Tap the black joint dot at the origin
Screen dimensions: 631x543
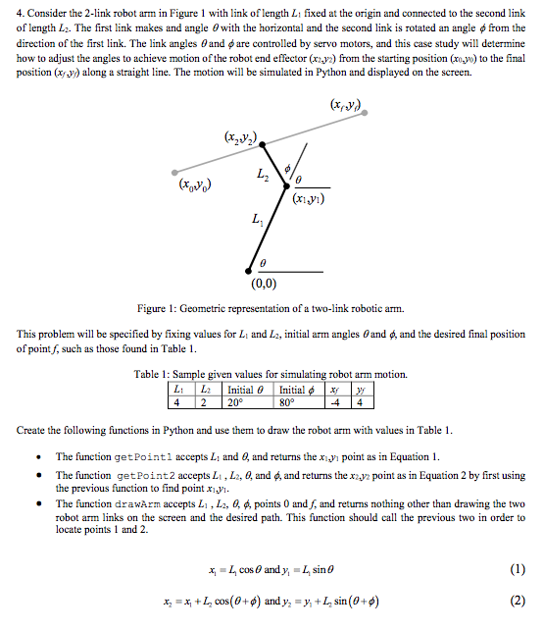point(250,272)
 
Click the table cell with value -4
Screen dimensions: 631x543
point(335,400)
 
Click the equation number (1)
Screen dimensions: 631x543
point(517,569)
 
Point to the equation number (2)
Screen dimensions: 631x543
point(517,600)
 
